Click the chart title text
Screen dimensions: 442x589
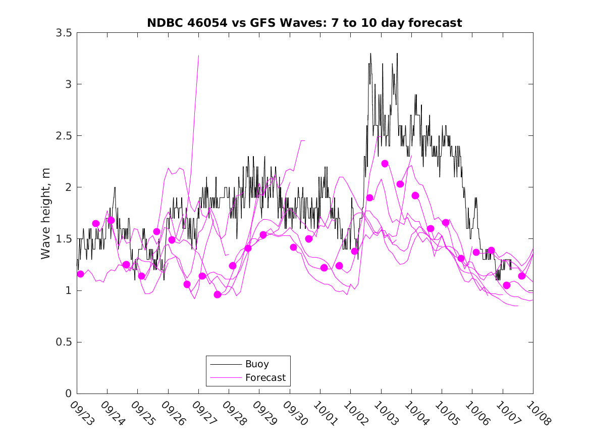[304, 23]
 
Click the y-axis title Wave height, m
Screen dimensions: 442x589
[46, 213]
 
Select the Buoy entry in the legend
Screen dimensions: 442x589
[257, 364]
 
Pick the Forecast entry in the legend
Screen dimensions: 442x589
[265, 377]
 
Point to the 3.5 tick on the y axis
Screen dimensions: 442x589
[64, 33]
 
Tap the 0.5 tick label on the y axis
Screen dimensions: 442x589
[64, 342]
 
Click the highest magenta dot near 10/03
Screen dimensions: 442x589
[385, 163]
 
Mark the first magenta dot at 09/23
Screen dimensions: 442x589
[80, 274]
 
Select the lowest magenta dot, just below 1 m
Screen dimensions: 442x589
[218, 294]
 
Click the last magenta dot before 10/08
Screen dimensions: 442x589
[522, 276]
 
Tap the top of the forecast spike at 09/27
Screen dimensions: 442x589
[198, 56]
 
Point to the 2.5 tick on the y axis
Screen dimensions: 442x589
[64, 136]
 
